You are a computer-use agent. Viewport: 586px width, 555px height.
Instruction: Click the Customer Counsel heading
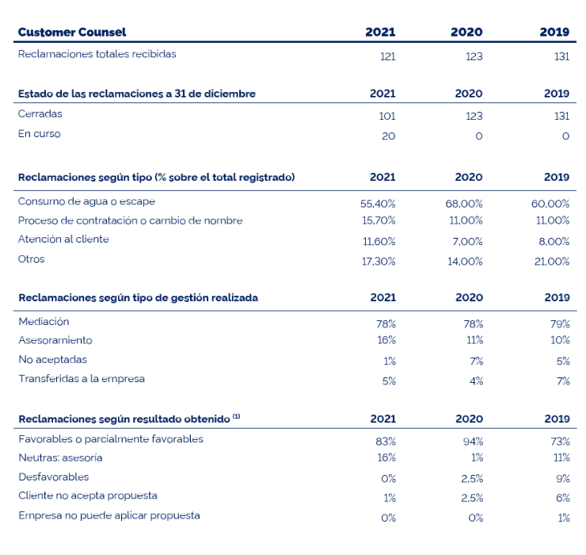pos(72,33)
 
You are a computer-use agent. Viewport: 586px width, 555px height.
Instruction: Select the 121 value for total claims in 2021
pos(387,56)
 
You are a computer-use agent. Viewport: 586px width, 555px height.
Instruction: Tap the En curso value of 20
pos(388,136)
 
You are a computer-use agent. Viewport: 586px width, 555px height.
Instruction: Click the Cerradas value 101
pos(387,116)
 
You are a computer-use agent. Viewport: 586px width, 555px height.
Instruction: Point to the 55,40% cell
pos(378,204)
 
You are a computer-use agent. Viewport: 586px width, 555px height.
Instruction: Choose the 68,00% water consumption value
pos(464,204)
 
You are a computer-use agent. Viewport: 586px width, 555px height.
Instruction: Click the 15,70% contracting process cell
pos(379,220)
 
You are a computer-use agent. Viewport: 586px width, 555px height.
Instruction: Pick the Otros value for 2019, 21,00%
pos(552,261)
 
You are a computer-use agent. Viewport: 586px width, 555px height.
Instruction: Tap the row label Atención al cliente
pos(63,239)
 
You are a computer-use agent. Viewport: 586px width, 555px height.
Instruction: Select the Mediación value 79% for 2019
pos(560,323)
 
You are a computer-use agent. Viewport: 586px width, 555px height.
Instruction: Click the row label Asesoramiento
pos(55,340)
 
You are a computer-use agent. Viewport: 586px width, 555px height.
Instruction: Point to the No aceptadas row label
pos(53,360)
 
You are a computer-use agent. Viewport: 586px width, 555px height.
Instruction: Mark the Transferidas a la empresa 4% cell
pos(476,381)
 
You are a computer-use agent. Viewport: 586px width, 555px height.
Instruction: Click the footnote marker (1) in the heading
pos(236,416)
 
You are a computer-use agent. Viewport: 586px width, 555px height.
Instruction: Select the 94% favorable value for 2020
pos(473,442)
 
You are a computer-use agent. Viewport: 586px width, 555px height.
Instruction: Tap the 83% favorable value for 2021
pos(386,442)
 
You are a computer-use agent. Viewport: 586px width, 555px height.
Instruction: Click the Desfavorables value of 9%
pos(563,479)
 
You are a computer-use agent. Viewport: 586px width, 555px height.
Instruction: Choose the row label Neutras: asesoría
pos(60,457)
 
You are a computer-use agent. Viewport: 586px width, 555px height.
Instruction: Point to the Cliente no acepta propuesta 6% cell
pos(563,498)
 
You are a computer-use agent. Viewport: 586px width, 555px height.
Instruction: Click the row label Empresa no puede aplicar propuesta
pos(109,515)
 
